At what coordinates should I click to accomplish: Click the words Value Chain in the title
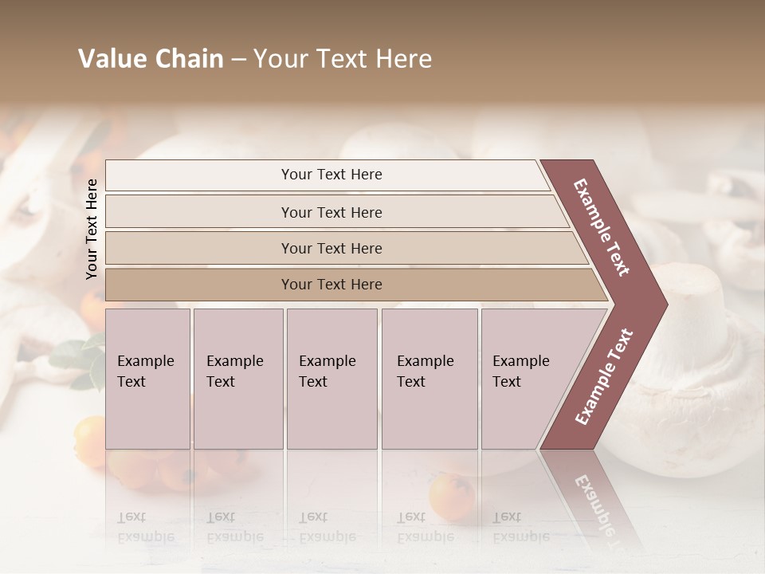tap(151, 59)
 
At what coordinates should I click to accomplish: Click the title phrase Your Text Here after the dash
tap(343, 59)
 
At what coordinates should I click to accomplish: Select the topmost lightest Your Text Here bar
tap(331, 175)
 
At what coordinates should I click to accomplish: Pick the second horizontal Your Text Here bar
tap(331, 212)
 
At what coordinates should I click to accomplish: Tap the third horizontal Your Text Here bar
tap(331, 248)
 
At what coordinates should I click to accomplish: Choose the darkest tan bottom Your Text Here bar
tap(331, 285)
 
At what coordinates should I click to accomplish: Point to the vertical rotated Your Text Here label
tap(92, 229)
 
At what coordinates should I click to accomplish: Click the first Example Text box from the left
tap(147, 379)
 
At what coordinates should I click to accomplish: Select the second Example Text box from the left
tap(237, 379)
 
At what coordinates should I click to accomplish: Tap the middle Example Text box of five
tap(331, 379)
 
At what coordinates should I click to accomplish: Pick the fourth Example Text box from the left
tap(430, 379)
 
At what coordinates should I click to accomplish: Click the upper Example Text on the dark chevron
tap(602, 226)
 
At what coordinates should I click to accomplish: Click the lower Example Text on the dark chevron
tap(603, 377)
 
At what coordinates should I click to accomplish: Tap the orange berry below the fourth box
tap(451, 497)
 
